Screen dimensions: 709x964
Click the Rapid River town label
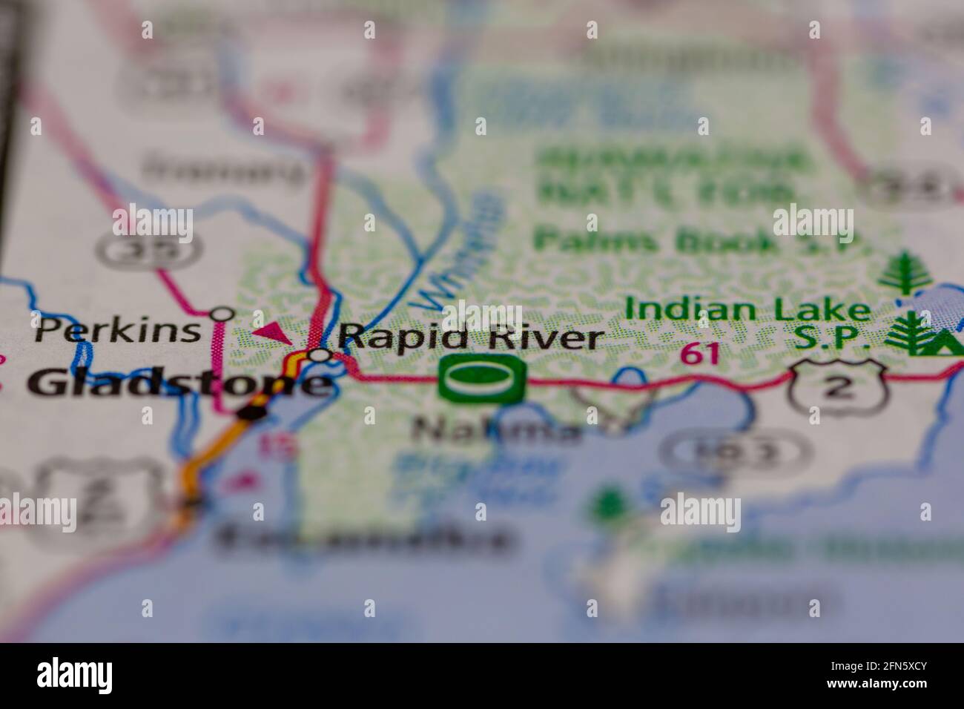pyautogui.click(x=472, y=338)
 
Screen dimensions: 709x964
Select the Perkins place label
pyautogui.click(x=117, y=330)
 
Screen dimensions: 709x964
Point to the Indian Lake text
pyautogui.click(x=747, y=310)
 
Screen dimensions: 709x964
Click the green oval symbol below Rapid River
pyautogui.click(x=482, y=378)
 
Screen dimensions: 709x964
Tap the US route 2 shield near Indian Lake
pyautogui.click(x=838, y=386)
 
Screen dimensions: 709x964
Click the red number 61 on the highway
pyautogui.click(x=700, y=354)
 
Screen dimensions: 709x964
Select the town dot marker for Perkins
pyautogui.click(x=222, y=314)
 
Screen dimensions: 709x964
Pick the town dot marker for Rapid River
pyautogui.click(x=320, y=355)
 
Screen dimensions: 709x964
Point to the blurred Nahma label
pyautogui.click(x=497, y=429)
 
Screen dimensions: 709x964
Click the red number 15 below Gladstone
pyautogui.click(x=274, y=445)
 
